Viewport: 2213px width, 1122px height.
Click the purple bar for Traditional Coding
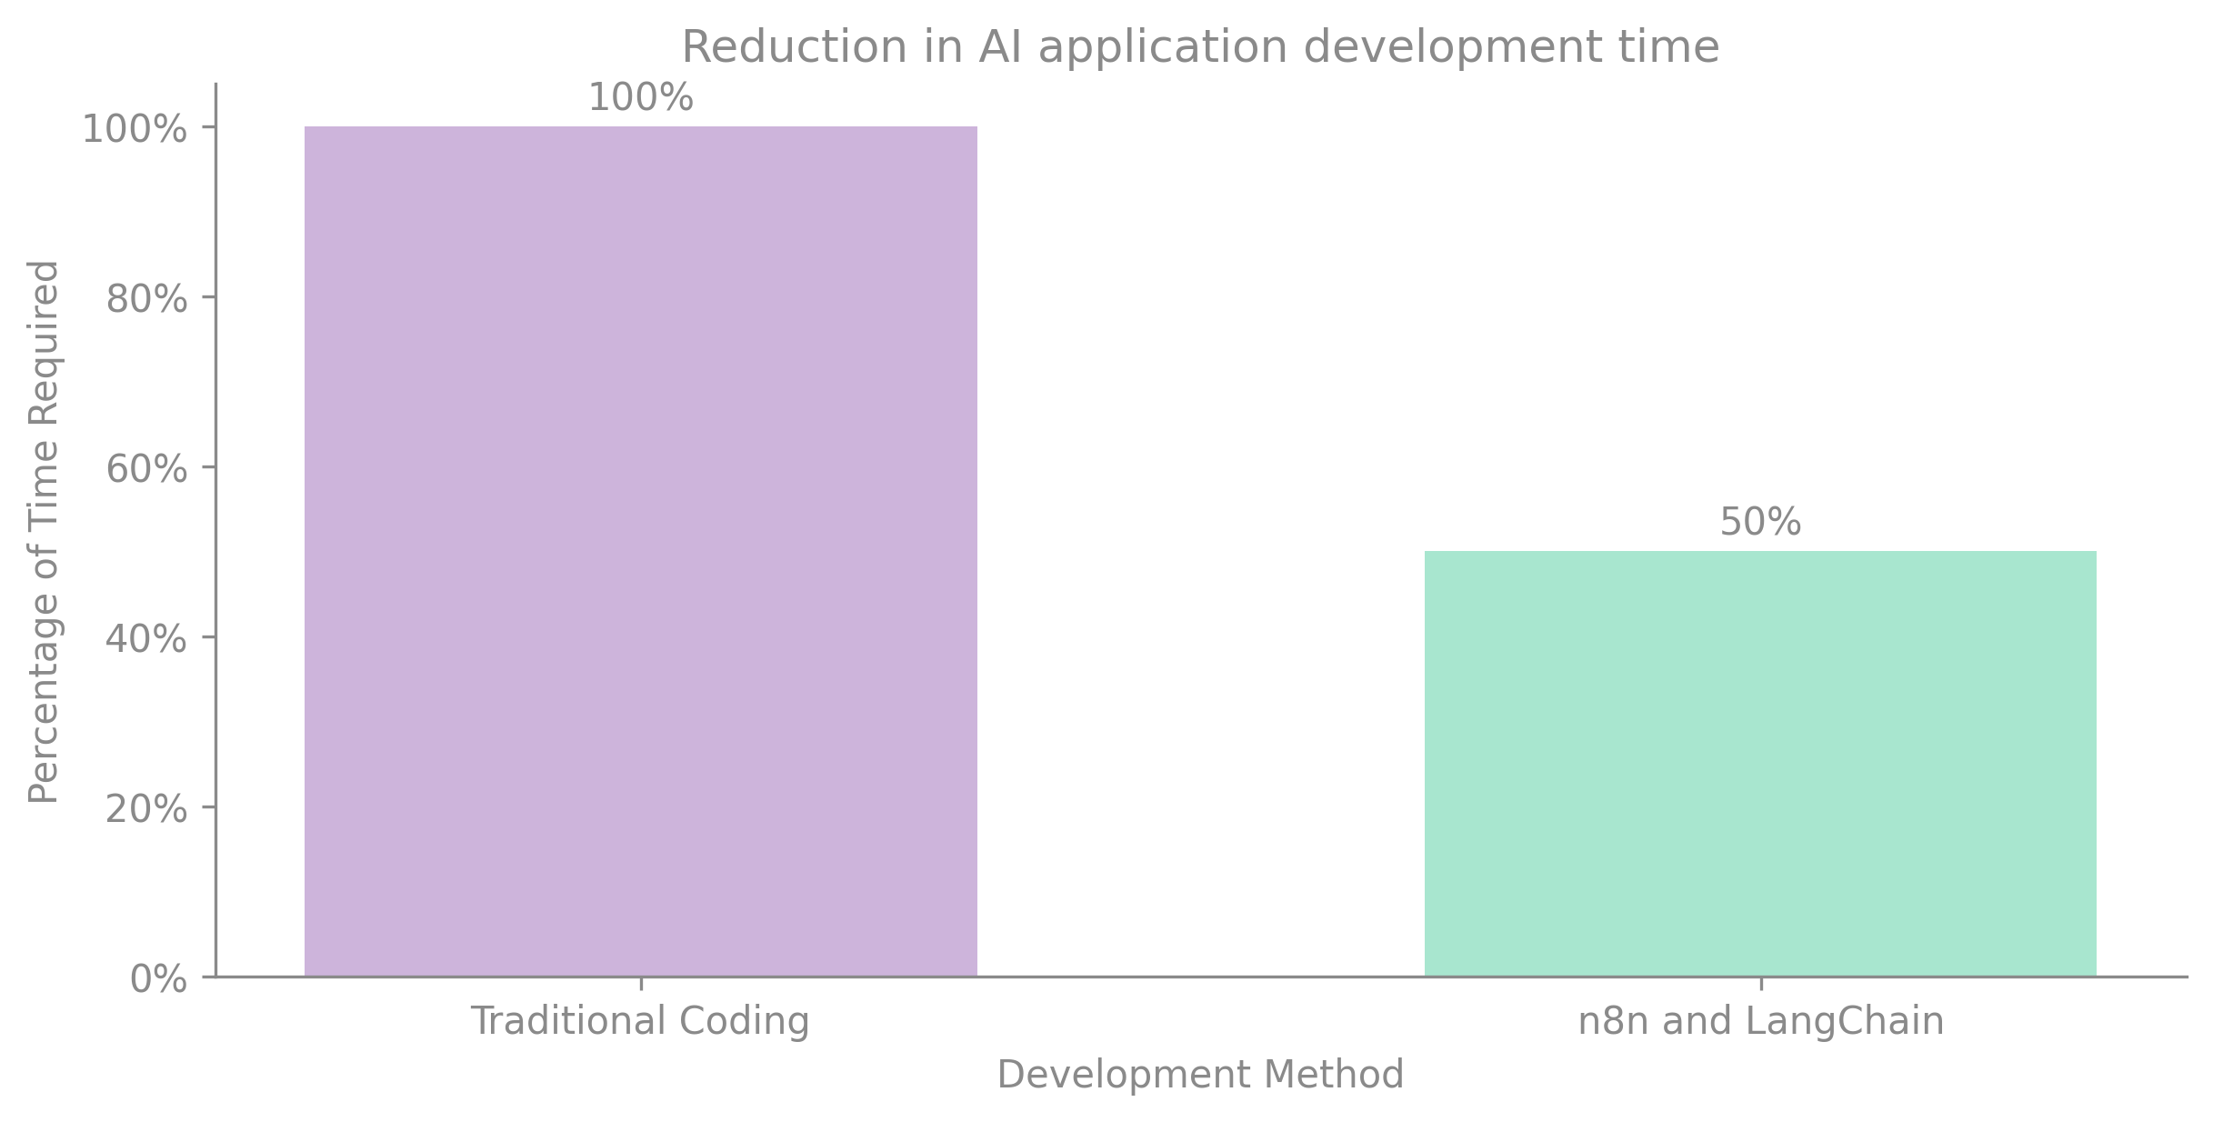pyautogui.click(x=640, y=551)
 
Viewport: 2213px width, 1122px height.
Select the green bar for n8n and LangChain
pyautogui.click(x=1760, y=764)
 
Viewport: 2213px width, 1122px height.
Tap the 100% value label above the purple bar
pyautogui.click(x=640, y=98)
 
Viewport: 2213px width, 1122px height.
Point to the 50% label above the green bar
pyautogui.click(x=1760, y=523)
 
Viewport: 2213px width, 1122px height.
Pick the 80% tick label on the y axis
pyautogui.click(x=146, y=299)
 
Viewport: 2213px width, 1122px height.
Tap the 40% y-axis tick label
pyautogui.click(x=146, y=639)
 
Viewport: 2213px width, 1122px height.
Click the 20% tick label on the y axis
pyautogui.click(x=146, y=809)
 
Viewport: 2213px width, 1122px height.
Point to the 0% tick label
pyautogui.click(x=158, y=979)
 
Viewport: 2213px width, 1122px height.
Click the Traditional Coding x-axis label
pyautogui.click(x=639, y=1021)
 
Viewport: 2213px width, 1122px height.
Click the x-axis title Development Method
pyautogui.click(x=1200, y=1075)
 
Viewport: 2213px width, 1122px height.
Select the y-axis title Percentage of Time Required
pyautogui.click(x=44, y=532)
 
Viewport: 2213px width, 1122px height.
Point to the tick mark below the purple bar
pyautogui.click(x=640, y=984)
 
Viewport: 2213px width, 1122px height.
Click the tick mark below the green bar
pyautogui.click(x=1760, y=984)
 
